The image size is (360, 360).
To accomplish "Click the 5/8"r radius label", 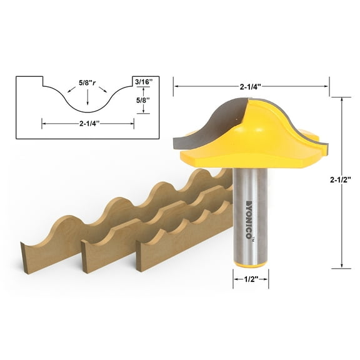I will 88,81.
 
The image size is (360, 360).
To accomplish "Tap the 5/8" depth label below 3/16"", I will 144,99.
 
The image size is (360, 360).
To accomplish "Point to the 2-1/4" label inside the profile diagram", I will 88,123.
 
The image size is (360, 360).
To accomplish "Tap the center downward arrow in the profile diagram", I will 88,97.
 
